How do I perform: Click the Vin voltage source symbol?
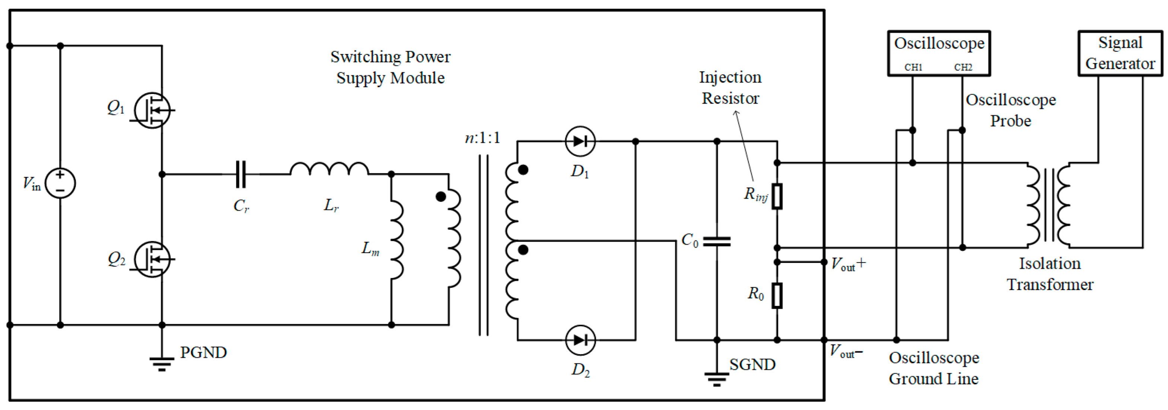(60, 183)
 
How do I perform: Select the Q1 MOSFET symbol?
(152, 110)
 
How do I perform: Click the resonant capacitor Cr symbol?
(241, 174)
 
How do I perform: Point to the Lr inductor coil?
(329, 169)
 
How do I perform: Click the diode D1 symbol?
(580, 141)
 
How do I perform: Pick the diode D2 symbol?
(580, 340)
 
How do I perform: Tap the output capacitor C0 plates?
(716, 241)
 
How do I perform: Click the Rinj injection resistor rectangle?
(777, 196)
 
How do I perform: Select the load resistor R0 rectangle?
(777, 296)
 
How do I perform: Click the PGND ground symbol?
(162, 363)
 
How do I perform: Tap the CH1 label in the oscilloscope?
(913, 67)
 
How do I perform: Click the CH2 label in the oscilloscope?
(963, 67)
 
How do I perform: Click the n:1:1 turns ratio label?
(483, 138)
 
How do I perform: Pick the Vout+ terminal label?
(848, 264)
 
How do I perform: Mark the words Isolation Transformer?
(1050, 274)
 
